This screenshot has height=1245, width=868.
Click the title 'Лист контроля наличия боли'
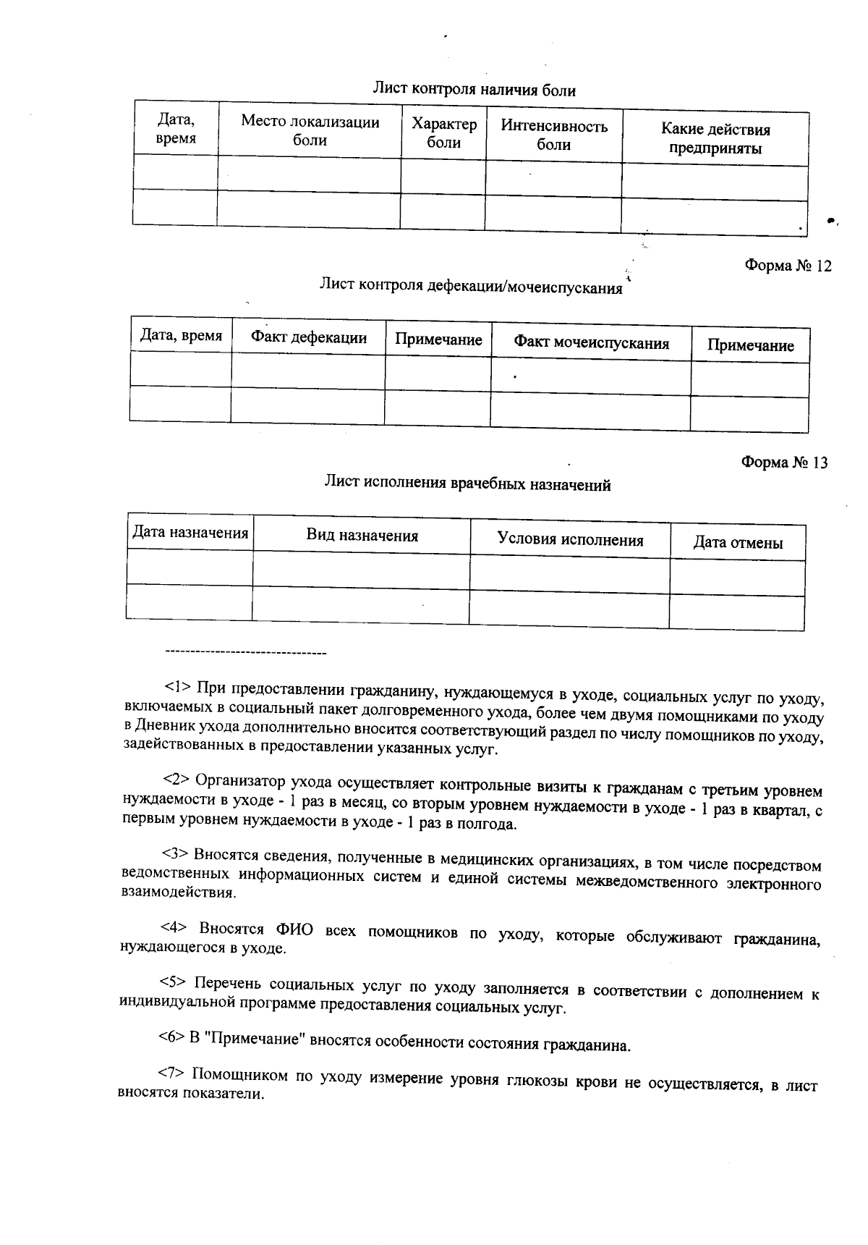[x=474, y=90]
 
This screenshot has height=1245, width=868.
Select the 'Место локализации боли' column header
[x=310, y=131]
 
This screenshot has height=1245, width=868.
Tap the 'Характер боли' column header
[x=444, y=134]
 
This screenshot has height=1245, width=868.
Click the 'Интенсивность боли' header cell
[x=554, y=135]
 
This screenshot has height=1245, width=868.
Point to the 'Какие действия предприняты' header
[x=715, y=139]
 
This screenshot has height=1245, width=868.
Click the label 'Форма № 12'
[x=788, y=266]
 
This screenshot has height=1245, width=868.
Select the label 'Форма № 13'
[x=785, y=463]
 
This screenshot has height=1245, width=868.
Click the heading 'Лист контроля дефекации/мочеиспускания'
[x=471, y=287]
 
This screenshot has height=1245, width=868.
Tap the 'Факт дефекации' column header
[x=309, y=337]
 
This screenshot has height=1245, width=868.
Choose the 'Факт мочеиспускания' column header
[x=591, y=343]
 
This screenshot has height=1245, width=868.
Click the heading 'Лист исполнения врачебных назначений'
[x=467, y=484]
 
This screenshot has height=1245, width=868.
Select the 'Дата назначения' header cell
[x=190, y=533]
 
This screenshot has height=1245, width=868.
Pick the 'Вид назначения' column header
[x=362, y=536]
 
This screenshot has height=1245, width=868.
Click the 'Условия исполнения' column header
[x=570, y=540]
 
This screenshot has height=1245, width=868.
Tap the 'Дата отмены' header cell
[x=738, y=543]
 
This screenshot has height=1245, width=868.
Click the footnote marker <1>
[x=176, y=685]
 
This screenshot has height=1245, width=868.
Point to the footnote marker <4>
[x=174, y=927]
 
